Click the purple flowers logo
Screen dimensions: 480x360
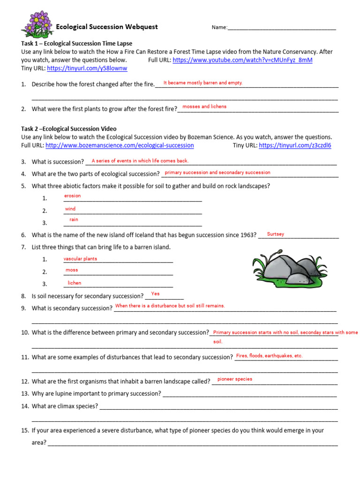(x=37, y=25)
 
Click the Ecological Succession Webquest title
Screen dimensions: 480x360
(x=107, y=27)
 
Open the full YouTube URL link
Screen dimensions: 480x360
(x=242, y=60)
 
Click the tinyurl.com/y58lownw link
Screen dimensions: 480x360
(x=87, y=68)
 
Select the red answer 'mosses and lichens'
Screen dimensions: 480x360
(x=204, y=107)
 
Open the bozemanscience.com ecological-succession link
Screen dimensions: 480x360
(x=120, y=146)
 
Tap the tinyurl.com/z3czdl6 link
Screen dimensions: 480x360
(x=295, y=146)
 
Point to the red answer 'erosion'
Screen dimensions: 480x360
(x=73, y=196)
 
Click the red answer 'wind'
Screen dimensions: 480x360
(x=70, y=209)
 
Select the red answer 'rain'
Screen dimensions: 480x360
(x=74, y=220)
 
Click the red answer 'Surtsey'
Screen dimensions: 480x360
(x=275, y=234)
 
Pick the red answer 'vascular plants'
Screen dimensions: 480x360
(x=81, y=259)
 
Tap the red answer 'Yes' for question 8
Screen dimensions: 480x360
(x=155, y=294)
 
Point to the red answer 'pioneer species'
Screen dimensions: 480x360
(x=235, y=379)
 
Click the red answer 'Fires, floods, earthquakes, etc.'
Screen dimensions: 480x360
(x=270, y=356)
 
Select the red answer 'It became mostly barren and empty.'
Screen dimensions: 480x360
(x=203, y=83)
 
